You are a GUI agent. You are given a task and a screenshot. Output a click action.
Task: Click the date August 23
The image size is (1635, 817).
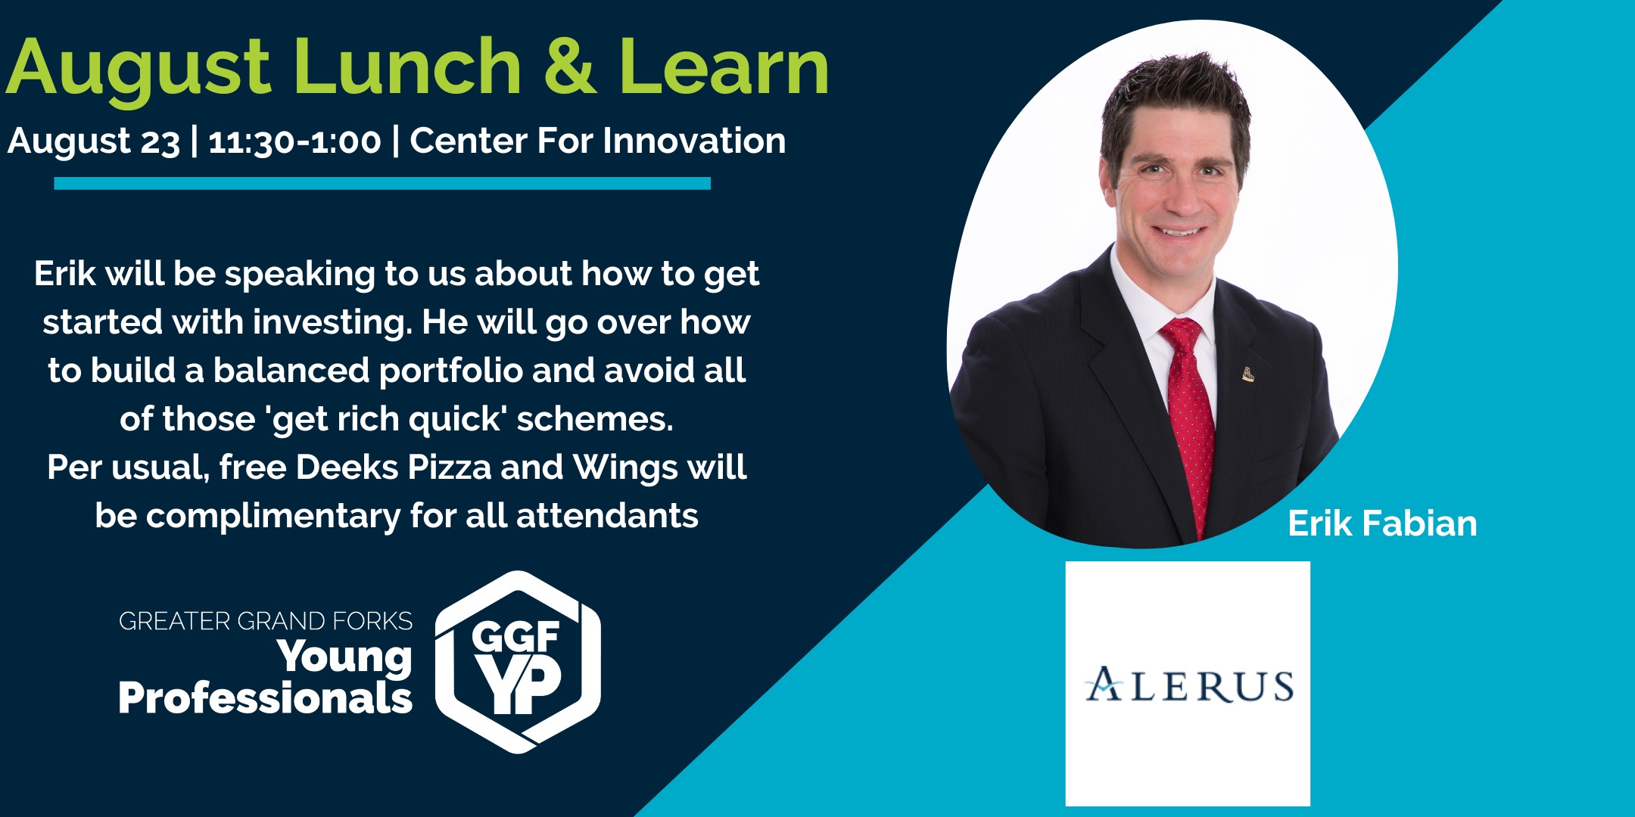[94, 141]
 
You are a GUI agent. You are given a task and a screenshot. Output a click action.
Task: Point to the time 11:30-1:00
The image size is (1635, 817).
[294, 141]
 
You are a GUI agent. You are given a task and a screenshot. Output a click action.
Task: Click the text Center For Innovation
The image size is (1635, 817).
[598, 141]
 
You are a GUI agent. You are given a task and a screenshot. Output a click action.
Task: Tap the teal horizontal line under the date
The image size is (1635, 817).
[382, 183]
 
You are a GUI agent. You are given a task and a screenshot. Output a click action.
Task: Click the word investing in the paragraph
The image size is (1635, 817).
[332, 322]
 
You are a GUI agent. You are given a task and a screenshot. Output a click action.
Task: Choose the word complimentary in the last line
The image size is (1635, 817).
[272, 516]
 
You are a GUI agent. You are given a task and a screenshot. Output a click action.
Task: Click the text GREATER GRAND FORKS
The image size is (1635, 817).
[266, 621]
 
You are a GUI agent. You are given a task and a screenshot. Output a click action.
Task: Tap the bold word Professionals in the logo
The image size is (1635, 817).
[266, 697]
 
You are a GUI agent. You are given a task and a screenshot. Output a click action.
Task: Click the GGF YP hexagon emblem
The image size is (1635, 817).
[518, 662]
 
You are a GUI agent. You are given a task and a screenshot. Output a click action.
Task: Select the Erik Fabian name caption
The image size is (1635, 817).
[1382, 523]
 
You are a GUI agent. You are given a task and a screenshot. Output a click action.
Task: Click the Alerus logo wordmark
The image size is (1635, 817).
[1189, 685]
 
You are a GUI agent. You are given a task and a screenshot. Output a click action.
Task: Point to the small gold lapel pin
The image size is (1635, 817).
[1247, 373]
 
